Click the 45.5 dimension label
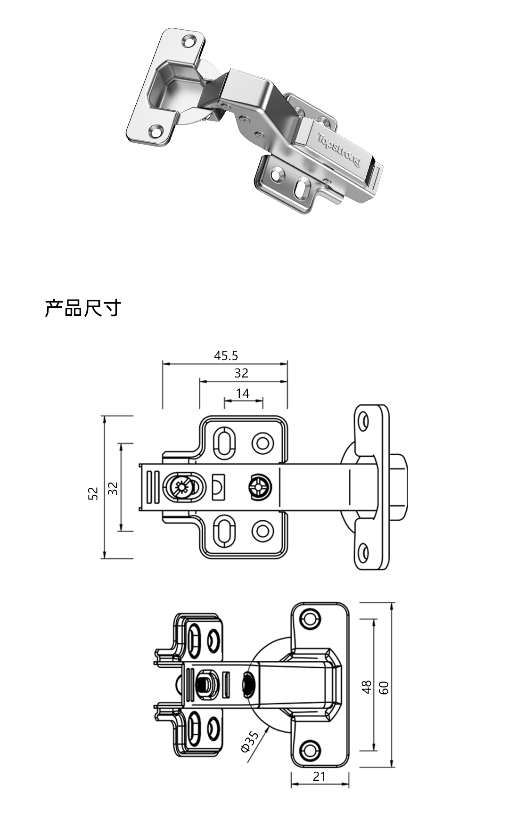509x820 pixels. (x=226, y=356)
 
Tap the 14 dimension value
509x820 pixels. (x=242, y=394)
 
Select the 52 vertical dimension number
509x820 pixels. (x=94, y=493)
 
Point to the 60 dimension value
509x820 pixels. (x=384, y=688)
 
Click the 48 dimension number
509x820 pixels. (x=367, y=688)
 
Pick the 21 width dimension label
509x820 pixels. (x=319, y=776)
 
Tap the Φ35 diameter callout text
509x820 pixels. (x=249, y=741)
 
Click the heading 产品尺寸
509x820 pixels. (x=83, y=308)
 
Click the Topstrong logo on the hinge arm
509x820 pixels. (x=340, y=150)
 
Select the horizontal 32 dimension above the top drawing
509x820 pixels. (x=241, y=373)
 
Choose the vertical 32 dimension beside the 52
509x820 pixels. (x=113, y=488)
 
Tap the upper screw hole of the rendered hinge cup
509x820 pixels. (x=189, y=41)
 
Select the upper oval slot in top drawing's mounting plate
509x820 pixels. (x=224, y=442)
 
